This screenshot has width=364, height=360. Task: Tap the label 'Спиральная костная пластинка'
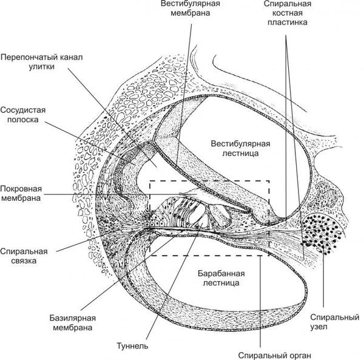[287, 13]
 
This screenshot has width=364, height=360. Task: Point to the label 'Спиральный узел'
[330, 322]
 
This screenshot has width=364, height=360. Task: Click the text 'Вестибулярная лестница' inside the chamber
[240, 149]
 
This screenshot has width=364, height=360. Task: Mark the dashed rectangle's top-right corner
[269, 180]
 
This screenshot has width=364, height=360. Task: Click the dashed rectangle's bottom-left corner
[149, 256]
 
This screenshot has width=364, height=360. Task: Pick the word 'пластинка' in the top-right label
[287, 22]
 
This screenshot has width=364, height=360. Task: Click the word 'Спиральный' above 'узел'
[330, 318]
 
